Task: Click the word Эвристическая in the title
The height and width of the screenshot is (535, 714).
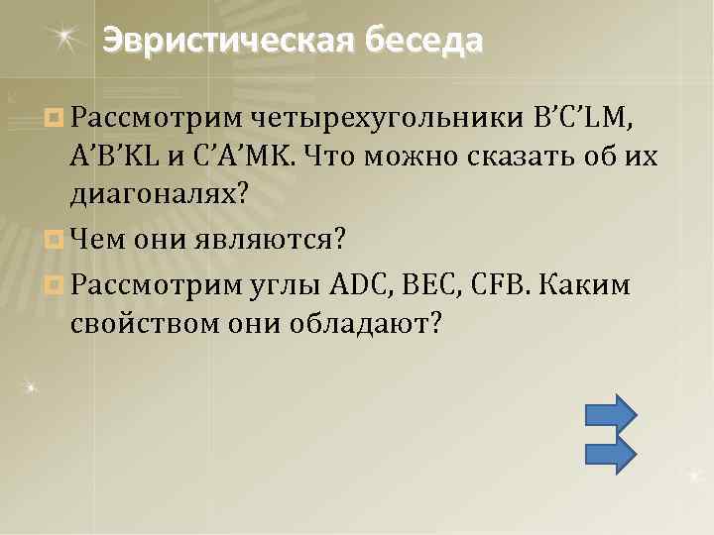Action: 230,41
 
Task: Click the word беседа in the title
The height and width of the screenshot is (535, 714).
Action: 424,41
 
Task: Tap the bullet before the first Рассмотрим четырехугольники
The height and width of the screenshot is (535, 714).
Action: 55,119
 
